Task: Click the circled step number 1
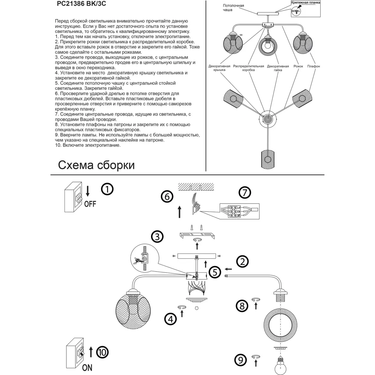coord(107,189)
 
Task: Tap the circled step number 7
coord(244,193)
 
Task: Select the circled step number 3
coord(157,237)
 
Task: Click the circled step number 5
coord(214,272)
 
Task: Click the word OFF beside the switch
coord(90,204)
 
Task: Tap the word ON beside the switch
coord(87,367)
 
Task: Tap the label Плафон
coord(313,66)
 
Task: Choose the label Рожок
coord(298,66)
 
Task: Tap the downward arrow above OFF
coord(87,191)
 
